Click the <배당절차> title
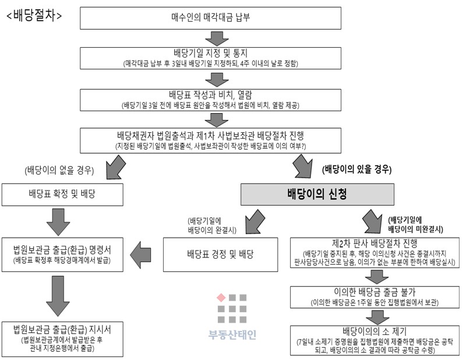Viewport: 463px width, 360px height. click(x=34, y=15)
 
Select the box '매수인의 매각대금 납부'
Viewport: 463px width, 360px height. click(x=211, y=18)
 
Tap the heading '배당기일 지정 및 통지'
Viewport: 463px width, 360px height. click(x=211, y=53)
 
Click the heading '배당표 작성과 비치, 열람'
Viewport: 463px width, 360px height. click(x=211, y=95)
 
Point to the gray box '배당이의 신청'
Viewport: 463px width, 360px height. click(x=317, y=195)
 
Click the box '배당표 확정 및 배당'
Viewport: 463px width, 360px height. click(x=62, y=195)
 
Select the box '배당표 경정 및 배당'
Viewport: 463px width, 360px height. click(x=220, y=255)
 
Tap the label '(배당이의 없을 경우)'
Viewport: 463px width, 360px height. click(x=59, y=171)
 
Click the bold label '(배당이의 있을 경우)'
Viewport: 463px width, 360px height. click(x=356, y=170)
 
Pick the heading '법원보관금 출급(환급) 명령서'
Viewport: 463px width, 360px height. click(x=62, y=250)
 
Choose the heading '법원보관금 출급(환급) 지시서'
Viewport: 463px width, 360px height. click(x=62, y=329)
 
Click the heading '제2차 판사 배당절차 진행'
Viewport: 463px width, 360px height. click(x=374, y=243)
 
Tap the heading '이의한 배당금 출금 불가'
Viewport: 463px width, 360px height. click(x=374, y=292)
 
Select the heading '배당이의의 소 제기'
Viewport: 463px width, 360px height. click(x=374, y=331)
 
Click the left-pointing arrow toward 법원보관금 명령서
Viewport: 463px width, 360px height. click(x=140, y=255)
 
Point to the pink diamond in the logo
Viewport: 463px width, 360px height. click(x=221, y=298)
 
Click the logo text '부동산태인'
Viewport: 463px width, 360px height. click(x=232, y=335)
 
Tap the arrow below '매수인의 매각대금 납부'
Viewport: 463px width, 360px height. click(x=217, y=38)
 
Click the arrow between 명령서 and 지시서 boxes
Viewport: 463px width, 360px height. click(x=58, y=296)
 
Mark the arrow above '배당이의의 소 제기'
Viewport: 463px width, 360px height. click(x=377, y=317)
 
